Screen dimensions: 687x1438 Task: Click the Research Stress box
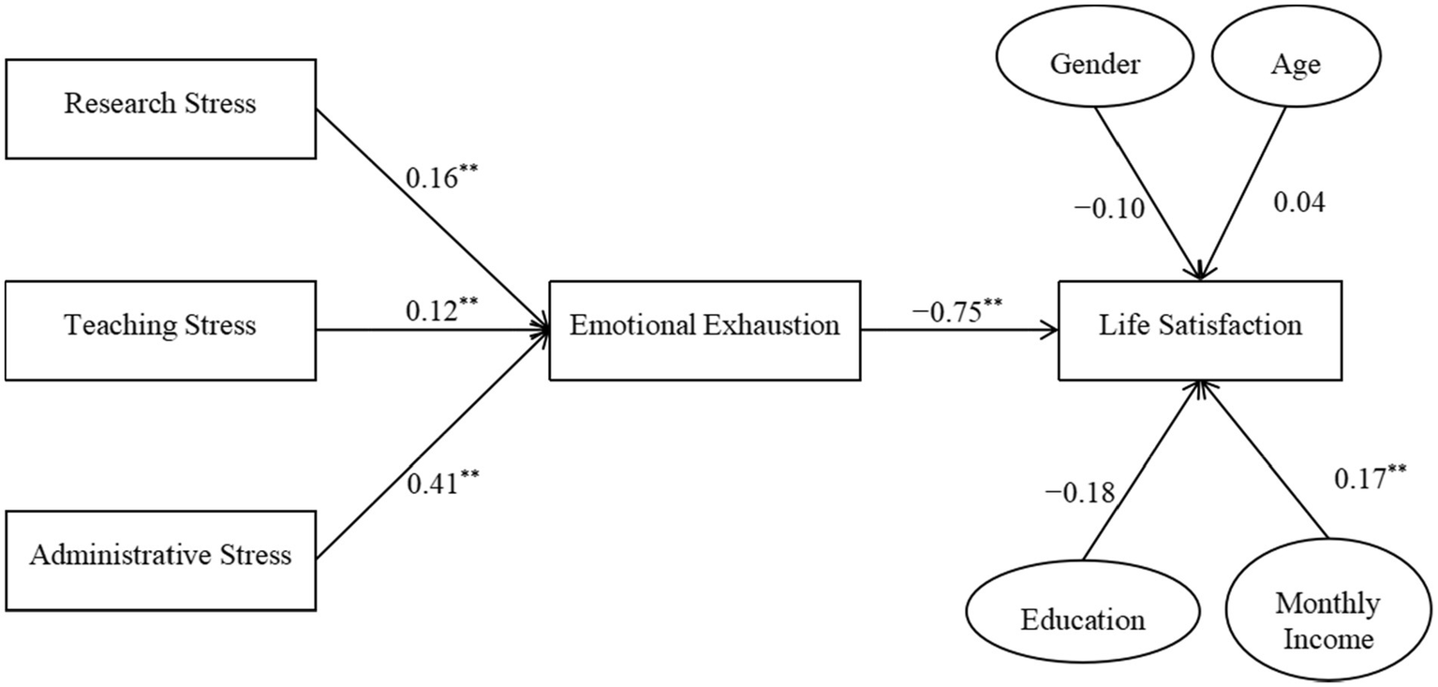point(159,104)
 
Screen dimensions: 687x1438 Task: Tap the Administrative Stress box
point(159,555)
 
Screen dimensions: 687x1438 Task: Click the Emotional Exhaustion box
point(704,328)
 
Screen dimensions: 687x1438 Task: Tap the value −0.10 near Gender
point(1111,208)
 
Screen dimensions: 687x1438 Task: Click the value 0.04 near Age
point(1298,202)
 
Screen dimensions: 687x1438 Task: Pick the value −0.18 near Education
point(1083,493)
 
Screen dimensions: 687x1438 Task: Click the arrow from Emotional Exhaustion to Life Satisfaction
point(960,329)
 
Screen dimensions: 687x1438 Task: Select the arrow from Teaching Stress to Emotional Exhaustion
point(431,329)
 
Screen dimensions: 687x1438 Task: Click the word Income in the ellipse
point(1328,640)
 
